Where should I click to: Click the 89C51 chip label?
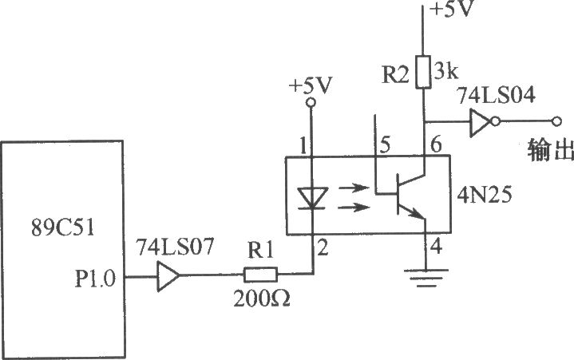62,227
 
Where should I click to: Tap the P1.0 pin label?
95,279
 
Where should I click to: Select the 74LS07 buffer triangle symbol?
168,276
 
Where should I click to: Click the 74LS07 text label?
175,247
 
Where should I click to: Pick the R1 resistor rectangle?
260,275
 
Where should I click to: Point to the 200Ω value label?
262,299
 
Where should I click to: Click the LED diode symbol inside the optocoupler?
312,198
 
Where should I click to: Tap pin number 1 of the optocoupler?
303,146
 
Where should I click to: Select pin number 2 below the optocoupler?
323,249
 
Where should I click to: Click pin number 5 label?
385,145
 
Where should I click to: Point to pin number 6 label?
436,145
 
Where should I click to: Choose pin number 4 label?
436,247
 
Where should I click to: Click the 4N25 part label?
485,195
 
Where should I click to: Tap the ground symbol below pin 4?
426,278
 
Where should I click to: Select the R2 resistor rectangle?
423,72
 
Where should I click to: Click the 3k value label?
445,71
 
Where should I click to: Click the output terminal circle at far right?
556,121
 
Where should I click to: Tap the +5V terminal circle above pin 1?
311,103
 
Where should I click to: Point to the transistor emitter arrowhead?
418,216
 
